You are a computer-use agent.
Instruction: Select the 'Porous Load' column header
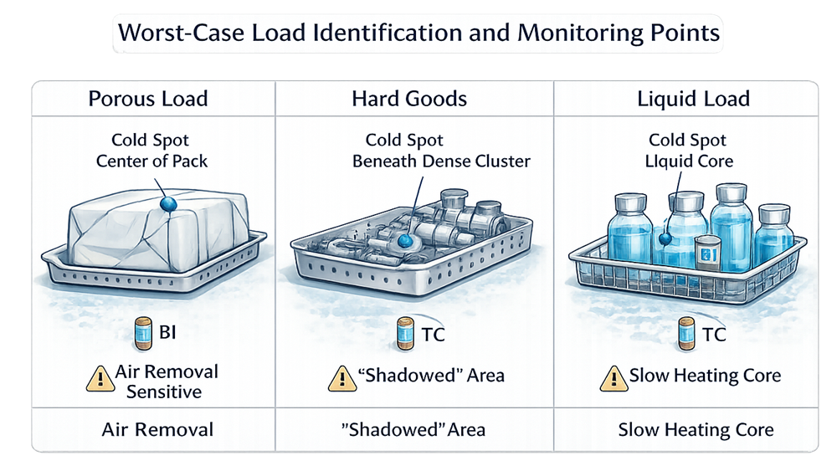(x=148, y=99)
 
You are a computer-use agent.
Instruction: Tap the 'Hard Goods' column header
(x=409, y=99)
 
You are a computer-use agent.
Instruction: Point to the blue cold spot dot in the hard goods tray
(x=406, y=241)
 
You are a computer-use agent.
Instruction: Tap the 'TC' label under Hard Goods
(x=433, y=335)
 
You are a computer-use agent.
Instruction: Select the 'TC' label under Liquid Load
(x=713, y=335)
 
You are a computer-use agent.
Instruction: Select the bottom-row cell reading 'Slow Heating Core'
(x=696, y=430)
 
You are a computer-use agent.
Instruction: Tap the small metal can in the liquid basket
(x=708, y=252)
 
